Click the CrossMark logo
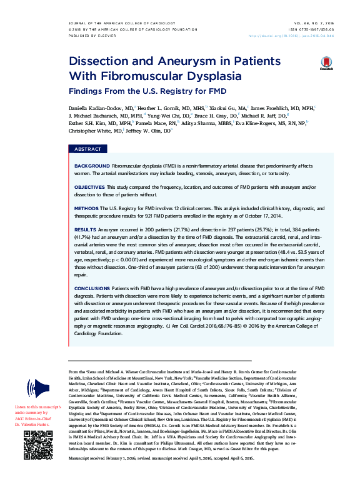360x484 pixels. [327, 64]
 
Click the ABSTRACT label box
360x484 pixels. [87, 149]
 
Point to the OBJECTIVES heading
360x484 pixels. [89, 187]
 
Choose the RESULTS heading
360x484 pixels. [85, 230]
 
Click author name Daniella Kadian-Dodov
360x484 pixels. [92, 108]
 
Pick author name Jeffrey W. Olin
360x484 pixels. [144, 131]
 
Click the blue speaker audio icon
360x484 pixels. [41, 387]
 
